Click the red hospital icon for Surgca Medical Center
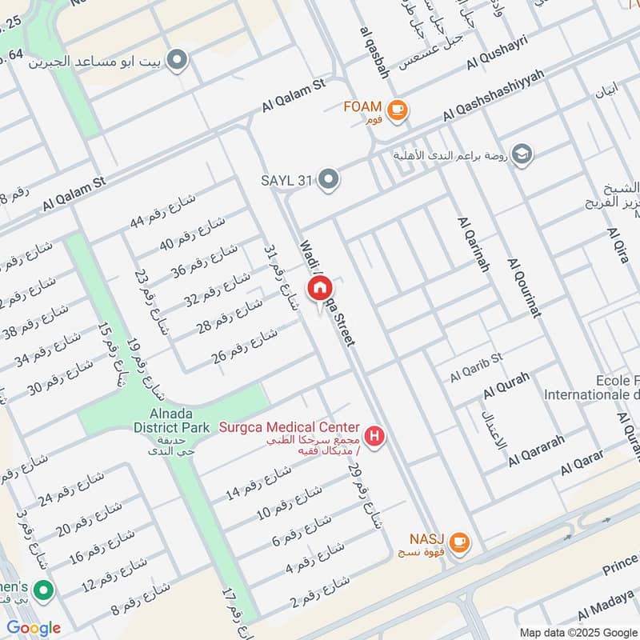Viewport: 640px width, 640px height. click(373, 437)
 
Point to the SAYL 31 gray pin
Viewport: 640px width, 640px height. click(328, 180)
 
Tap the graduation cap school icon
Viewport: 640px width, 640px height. click(522, 154)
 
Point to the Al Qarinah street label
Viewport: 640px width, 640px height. click(473, 244)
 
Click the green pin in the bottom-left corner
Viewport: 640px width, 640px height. click(44, 593)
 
